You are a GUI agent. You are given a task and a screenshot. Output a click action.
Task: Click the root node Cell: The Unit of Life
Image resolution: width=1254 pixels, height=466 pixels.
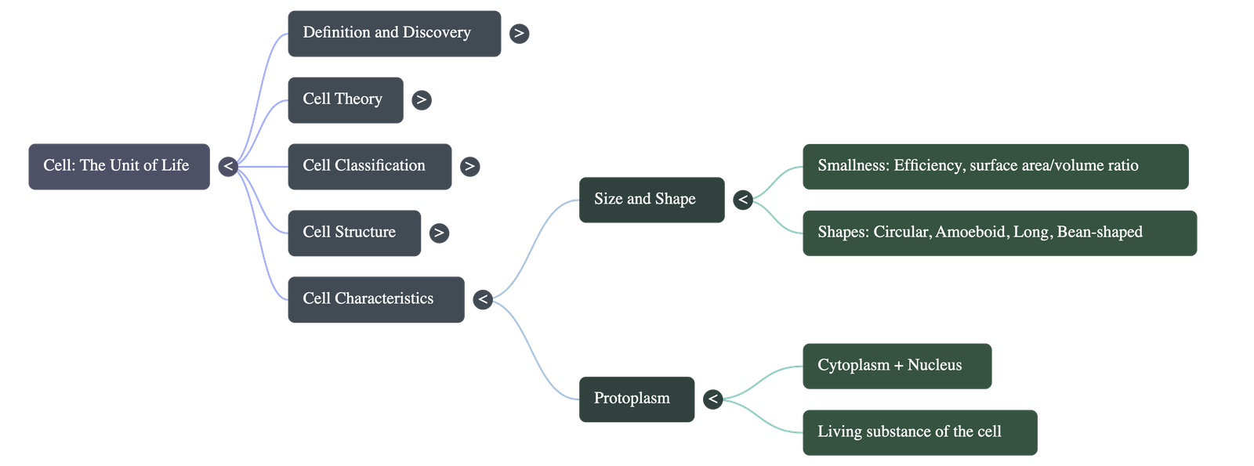(118, 166)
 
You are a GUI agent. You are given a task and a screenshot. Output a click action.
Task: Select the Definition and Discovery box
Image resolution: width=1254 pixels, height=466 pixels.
(393, 33)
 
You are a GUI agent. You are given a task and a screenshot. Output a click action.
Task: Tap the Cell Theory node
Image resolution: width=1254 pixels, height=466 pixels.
(345, 99)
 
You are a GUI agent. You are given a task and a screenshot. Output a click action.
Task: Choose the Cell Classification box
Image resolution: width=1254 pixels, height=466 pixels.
(369, 166)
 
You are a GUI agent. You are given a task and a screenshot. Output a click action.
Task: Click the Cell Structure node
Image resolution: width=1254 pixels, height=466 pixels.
(353, 233)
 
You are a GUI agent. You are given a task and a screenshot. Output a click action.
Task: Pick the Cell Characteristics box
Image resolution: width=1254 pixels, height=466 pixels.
(375, 299)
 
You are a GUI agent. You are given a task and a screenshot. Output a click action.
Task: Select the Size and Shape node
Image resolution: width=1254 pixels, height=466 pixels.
(651, 200)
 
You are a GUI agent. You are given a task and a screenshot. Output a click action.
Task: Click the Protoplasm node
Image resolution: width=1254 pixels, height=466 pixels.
(636, 399)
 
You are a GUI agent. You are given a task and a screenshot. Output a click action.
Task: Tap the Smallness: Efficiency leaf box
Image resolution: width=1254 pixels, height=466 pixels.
(995, 166)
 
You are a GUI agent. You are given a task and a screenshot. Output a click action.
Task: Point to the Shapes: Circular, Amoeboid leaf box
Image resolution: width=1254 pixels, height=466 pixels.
(999, 233)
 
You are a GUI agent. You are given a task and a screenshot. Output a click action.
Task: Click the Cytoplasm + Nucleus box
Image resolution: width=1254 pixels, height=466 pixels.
(897, 366)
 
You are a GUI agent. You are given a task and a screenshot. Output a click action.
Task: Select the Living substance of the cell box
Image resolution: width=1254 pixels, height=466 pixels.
(919, 432)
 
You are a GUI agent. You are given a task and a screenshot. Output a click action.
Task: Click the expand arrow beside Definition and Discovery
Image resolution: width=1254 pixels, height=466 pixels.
(519, 34)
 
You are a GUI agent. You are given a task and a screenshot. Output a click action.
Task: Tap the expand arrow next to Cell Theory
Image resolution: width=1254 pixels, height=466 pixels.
(422, 100)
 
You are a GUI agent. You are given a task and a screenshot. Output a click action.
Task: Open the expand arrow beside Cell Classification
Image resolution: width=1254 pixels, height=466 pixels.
(469, 167)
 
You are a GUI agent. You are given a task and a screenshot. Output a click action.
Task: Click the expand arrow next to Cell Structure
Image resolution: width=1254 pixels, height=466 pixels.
(439, 233)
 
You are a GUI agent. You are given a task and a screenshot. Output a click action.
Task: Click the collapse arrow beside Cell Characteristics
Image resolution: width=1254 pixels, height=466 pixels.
(483, 300)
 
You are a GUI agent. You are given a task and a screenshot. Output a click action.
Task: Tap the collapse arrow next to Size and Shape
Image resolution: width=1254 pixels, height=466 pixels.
(743, 200)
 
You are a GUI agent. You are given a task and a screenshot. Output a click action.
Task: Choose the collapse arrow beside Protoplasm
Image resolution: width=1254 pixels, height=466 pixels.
(712, 400)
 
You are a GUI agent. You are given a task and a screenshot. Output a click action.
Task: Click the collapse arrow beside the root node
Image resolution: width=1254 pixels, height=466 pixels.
(228, 167)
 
